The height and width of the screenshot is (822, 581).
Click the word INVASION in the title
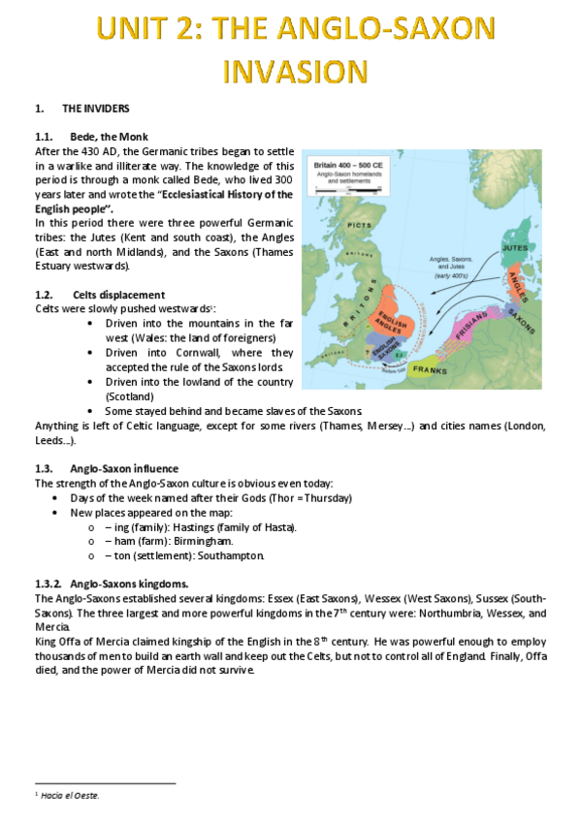pos(295,72)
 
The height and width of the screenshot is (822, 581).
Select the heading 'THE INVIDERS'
pos(95,109)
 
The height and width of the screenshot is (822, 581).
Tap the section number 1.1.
pos(44,137)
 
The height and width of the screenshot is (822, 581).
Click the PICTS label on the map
pos(359,225)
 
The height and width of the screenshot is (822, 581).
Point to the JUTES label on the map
pos(515,247)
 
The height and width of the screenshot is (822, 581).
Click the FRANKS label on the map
pos(430,370)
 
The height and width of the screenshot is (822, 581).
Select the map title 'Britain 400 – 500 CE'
pos(348,165)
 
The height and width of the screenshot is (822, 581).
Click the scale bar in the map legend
pos(349,189)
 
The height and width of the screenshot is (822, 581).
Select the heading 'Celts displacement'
pos(119,295)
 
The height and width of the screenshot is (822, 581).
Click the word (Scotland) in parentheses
pos(130,396)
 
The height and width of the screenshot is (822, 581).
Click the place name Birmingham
pos(204,541)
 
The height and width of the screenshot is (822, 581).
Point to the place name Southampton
pos(231,555)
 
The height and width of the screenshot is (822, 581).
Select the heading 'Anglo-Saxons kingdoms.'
pos(130,584)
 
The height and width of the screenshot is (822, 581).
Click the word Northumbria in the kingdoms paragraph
pos(450,614)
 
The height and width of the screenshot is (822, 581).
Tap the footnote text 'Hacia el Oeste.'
pos(70,795)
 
